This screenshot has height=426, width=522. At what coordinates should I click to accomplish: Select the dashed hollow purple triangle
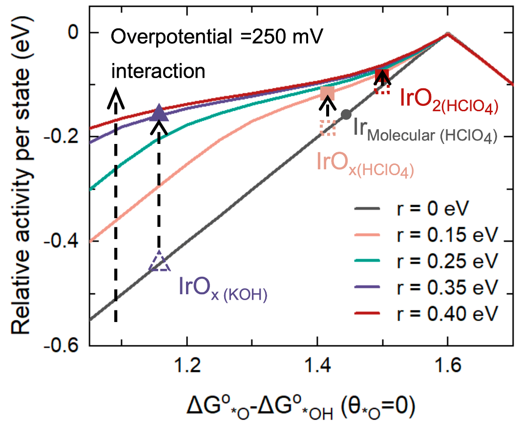tap(160, 263)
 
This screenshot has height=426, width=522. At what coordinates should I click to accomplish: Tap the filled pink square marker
tap(328, 93)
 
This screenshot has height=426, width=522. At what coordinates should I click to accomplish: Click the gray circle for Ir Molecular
tap(346, 115)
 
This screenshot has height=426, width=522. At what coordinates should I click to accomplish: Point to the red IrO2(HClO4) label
tap(448, 100)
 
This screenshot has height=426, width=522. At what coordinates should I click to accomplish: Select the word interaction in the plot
tap(158, 71)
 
